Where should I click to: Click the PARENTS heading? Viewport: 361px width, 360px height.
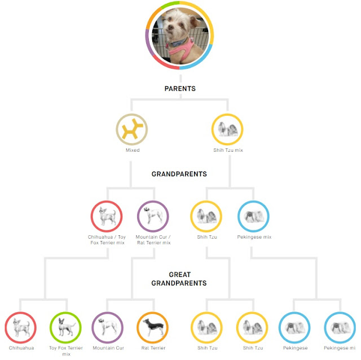pos(180,89)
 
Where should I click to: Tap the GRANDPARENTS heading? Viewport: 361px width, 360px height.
pos(180,174)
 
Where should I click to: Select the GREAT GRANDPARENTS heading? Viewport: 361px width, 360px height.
pos(180,279)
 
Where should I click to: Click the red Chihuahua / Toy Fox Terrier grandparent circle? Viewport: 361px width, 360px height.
pos(107,216)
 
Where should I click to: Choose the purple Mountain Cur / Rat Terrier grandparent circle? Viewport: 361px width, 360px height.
pos(153,216)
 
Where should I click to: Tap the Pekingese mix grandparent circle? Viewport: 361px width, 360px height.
pos(253,216)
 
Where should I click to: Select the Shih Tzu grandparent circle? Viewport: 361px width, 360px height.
pos(206,216)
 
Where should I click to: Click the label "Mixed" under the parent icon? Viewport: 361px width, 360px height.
pos(131,151)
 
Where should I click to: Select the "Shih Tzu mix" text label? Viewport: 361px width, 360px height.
pos(227,151)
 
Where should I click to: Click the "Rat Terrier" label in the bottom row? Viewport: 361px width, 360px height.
pos(153,348)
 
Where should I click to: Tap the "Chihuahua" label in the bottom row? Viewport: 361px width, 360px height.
pos(21,348)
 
